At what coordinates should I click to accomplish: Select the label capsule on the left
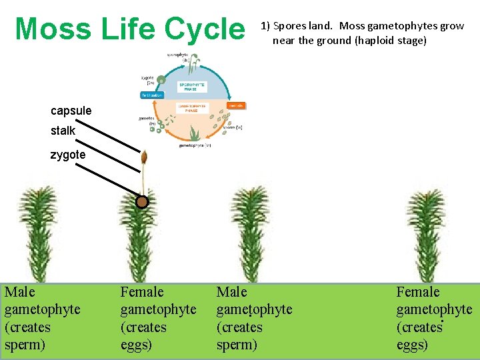pos(71,111)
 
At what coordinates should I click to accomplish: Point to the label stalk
pos(63,131)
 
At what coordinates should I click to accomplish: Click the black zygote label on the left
pos(68,155)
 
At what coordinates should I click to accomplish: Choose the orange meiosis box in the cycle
pos(235,105)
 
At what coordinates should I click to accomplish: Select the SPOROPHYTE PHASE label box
pos(192,87)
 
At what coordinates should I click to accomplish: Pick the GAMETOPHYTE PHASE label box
pos(192,108)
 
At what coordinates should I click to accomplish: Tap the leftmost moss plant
pos(37,233)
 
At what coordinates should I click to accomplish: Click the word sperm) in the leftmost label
pos(25,345)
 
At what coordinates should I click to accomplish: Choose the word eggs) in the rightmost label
pos(412,345)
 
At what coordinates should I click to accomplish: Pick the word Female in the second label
pos(141,292)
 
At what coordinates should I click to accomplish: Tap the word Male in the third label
pos(231,292)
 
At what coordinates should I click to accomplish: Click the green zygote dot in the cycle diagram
pos(160,81)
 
